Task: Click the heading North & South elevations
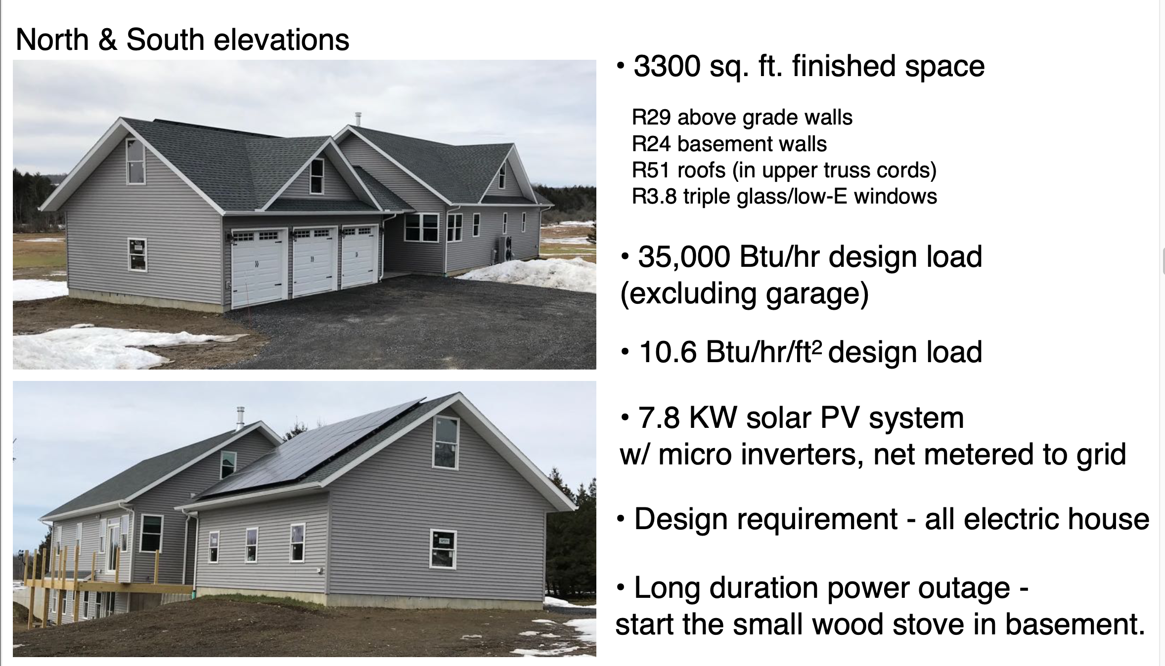(x=182, y=40)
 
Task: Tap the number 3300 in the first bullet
(x=667, y=66)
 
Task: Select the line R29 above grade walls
(x=742, y=118)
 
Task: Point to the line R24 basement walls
(x=729, y=144)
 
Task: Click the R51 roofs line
(x=784, y=170)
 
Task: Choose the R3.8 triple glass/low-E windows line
(x=784, y=197)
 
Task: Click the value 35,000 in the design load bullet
(x=684, y=257)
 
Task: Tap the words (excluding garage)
(x=744, y=293)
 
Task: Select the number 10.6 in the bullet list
(x=668, y=352)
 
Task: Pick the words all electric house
(x=1037, y=519)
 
